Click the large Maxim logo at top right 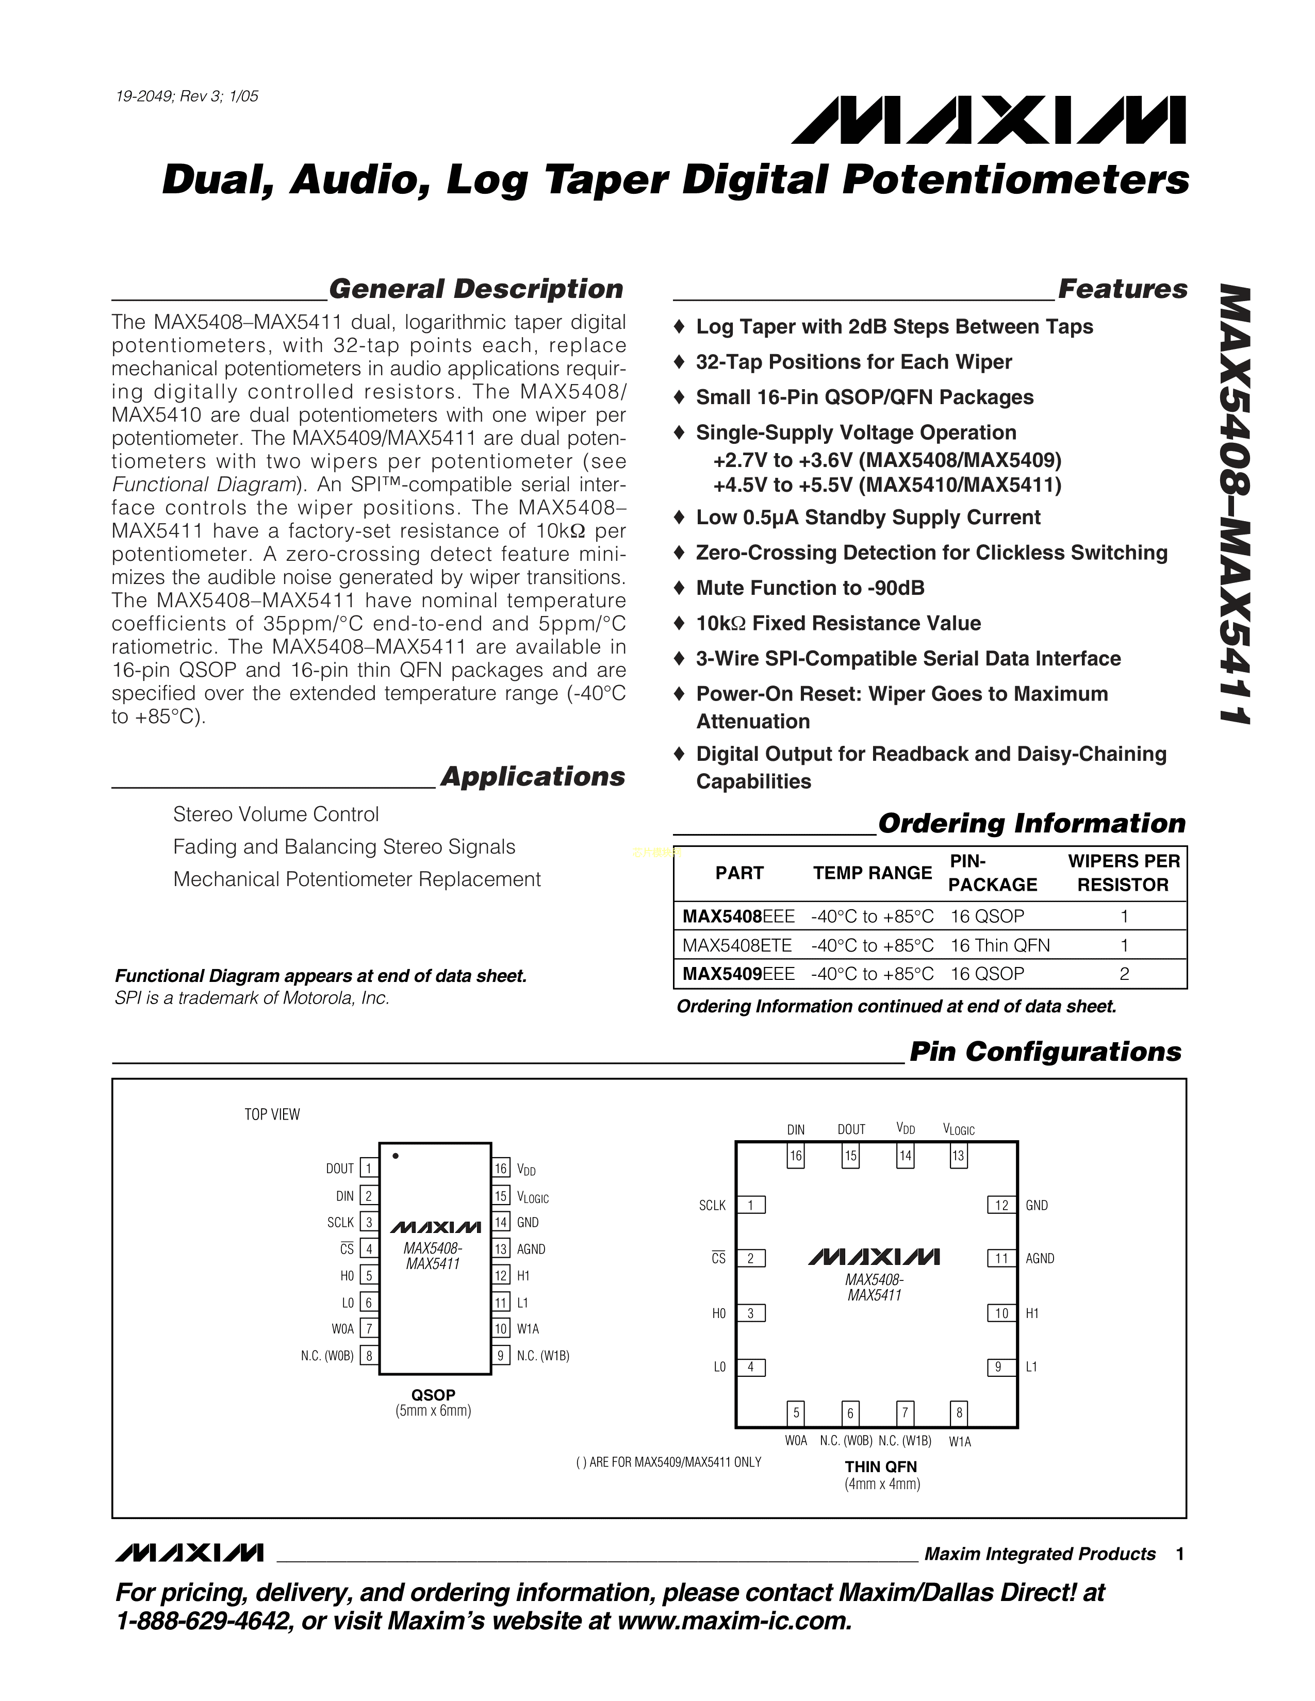(x=988, y=120)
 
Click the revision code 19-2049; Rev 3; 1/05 (x=187, y=96)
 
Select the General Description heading (x=476, y=289)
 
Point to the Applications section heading (x=533, y=776)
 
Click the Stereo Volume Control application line (x=276, y=814)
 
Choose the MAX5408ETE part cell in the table (x=737, y=945)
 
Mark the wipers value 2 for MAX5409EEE (x=1123, y=974)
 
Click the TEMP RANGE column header (x=873, y=873)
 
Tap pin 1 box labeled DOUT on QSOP (x=369, y=1168)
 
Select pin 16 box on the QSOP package (x=501, y=1168)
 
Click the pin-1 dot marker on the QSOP (x=396, y=1156)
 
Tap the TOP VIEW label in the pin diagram (x=272, y=1114)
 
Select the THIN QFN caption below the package (x=881, y=1466)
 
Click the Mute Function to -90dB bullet (x=810, y=588)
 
